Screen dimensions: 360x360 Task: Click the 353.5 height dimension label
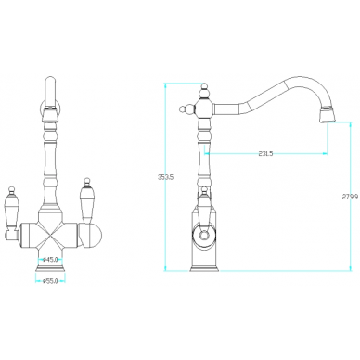[166, 177]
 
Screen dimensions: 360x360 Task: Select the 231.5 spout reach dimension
[265, 153]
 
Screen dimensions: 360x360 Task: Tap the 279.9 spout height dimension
[350, 196]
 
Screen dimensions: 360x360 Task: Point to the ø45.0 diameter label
[50, 259]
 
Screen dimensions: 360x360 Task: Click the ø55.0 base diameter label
[50, 281]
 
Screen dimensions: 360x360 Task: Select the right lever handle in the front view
[86, 200]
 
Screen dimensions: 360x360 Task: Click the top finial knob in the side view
[204, 90]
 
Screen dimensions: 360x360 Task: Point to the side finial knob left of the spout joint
[186, 109]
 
